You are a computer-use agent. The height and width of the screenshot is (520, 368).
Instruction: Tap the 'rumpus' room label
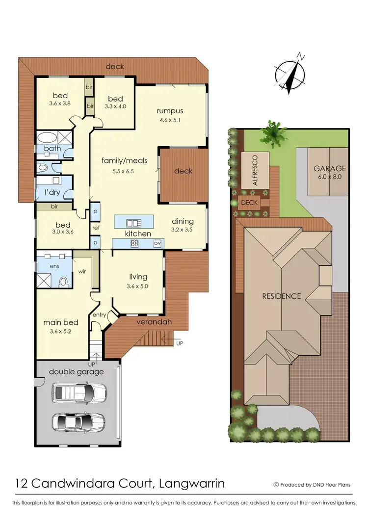[170, 110]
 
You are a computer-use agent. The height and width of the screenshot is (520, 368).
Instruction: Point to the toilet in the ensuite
[63, 282]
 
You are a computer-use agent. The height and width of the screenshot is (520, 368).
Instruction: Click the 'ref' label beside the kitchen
[96, 228]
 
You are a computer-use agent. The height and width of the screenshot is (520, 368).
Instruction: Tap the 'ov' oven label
[158, 243]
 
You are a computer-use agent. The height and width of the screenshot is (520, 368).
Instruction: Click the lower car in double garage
[78, 421]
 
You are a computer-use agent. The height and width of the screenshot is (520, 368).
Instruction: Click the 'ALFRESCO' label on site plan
[255, 169]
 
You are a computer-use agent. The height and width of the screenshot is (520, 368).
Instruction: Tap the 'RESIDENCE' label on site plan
[281, 296]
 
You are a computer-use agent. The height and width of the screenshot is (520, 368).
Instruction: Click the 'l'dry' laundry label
[52, 192]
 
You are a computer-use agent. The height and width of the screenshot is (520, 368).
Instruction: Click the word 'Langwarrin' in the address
[192, 484]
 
